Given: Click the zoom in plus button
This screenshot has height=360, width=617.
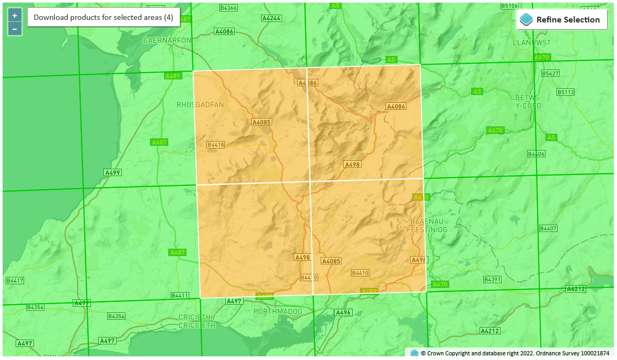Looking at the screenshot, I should point(15,16).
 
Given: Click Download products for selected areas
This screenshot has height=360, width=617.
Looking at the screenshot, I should point(103,17).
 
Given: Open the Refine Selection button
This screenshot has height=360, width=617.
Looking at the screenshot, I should point(562,20).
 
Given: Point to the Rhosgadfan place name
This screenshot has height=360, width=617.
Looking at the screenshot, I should point(200,104).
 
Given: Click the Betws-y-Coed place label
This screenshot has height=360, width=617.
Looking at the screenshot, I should point(529,102).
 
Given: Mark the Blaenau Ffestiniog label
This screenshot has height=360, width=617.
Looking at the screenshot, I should point(427,225).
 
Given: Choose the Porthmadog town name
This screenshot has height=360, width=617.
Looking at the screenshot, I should point(278,311).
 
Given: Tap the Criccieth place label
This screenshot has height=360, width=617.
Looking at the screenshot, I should point(196,321).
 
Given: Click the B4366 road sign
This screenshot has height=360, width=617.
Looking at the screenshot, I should point(228,8).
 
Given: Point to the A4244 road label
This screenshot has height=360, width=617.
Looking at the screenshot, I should point(271,18).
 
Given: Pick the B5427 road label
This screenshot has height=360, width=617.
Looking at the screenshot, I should point(550,74).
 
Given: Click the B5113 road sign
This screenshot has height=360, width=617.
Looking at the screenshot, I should point(565,92).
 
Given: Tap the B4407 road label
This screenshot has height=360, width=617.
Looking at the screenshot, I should point(549,229).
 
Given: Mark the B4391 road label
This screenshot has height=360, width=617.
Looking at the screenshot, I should point(492,280).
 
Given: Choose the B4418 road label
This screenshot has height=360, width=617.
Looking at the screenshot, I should point(215,145).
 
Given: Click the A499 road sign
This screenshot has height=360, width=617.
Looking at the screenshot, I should point(112,172).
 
